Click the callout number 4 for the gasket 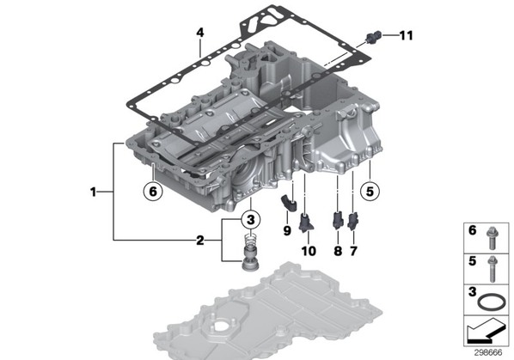200,33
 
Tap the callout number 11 407,35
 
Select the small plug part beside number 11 374,37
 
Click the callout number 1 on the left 94,192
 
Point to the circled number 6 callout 153,191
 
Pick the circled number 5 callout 370,191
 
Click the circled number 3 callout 251,219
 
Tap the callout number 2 200,241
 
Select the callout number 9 287,231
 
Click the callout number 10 309,251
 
